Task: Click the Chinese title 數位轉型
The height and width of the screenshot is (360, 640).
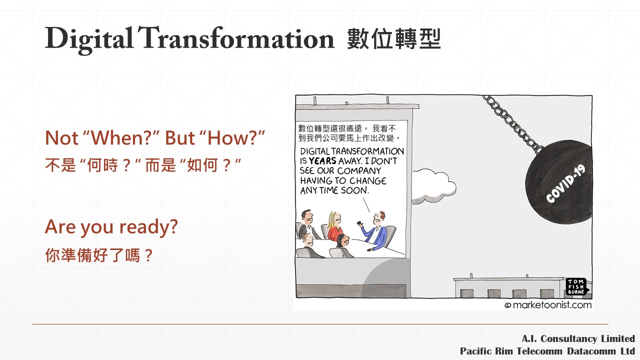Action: point(394,39)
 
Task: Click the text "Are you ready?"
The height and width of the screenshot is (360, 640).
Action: point(111,227)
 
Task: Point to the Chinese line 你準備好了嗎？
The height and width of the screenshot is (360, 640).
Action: point(99,255)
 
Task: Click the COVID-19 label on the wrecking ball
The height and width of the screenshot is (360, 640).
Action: point(565,183)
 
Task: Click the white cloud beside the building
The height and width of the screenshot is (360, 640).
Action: point(433,185)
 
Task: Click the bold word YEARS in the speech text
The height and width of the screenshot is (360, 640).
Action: point(322,161)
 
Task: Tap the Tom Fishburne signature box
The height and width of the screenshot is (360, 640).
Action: point(576,286)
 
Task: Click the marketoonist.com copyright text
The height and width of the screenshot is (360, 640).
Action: point(548,305)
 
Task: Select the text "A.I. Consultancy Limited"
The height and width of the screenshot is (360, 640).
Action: point(578,338)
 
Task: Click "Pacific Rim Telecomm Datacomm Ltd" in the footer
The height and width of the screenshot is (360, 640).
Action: point(547,351)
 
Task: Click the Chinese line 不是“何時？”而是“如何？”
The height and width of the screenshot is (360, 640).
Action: point(143,165)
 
